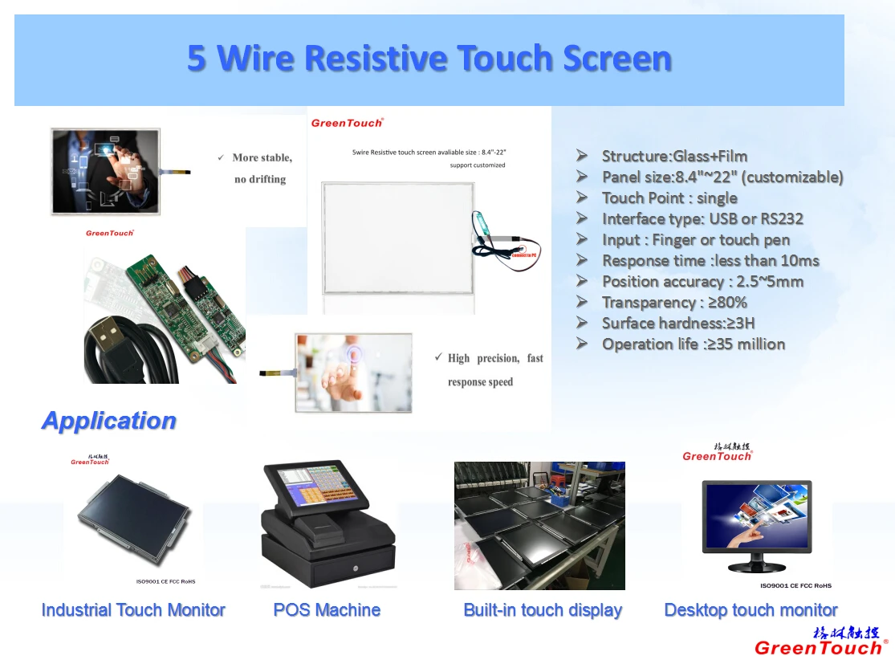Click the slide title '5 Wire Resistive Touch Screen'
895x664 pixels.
429,59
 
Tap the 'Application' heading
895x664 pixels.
108,421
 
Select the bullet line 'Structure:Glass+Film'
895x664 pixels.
674,156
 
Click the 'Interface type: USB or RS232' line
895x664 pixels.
702,218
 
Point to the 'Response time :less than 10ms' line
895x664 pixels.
710,260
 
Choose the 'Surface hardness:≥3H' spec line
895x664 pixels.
678,323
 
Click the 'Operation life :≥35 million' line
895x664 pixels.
694,344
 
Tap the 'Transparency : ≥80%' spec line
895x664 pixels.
674,302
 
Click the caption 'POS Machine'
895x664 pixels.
327,610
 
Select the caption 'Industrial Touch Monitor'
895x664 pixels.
133,610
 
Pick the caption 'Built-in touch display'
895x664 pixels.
543,610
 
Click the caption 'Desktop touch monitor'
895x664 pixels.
751,610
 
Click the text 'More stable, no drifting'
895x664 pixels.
262,168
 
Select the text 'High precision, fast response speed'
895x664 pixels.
494,369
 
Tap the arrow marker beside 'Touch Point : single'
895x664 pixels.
582,198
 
